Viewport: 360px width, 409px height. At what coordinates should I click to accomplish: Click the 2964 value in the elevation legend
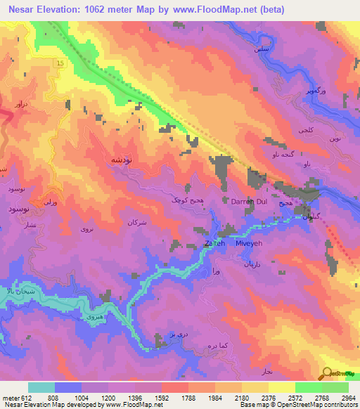point(349,396)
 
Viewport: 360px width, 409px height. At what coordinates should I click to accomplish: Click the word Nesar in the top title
point(23,8)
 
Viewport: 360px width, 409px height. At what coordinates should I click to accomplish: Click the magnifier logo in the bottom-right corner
point(328,374)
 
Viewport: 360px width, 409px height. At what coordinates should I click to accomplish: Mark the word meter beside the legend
point(9,396)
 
